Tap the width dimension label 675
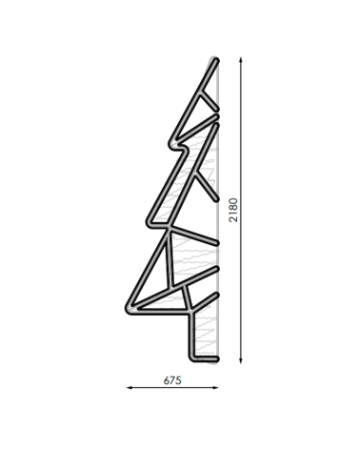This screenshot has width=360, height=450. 172,379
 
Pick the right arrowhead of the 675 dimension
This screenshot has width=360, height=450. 217,388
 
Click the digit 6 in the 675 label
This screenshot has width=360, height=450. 166,379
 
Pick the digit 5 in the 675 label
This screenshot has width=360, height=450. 178,379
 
